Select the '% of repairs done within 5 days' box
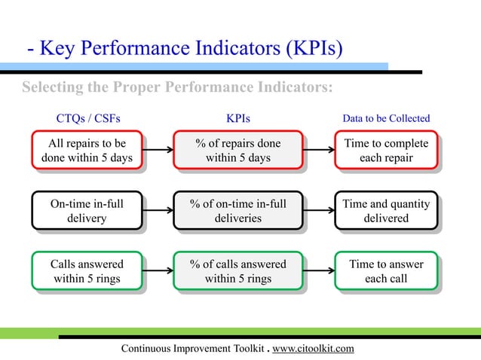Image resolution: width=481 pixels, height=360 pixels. click(237, 151)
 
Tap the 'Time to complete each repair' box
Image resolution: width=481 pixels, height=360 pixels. click(386, 151)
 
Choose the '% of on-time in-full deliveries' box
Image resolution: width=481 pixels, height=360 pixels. click(237, 211)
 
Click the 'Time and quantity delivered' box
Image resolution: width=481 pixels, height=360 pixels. click(386, 211)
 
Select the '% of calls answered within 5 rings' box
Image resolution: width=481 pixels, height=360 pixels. click(237, 272)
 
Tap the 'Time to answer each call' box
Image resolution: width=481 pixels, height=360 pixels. click(386, 272)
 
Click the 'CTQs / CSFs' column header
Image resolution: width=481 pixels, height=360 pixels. click(88, 118)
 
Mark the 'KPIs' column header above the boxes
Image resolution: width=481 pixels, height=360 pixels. click(238, 118)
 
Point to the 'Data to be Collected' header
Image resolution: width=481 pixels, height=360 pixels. click(386, 118)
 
